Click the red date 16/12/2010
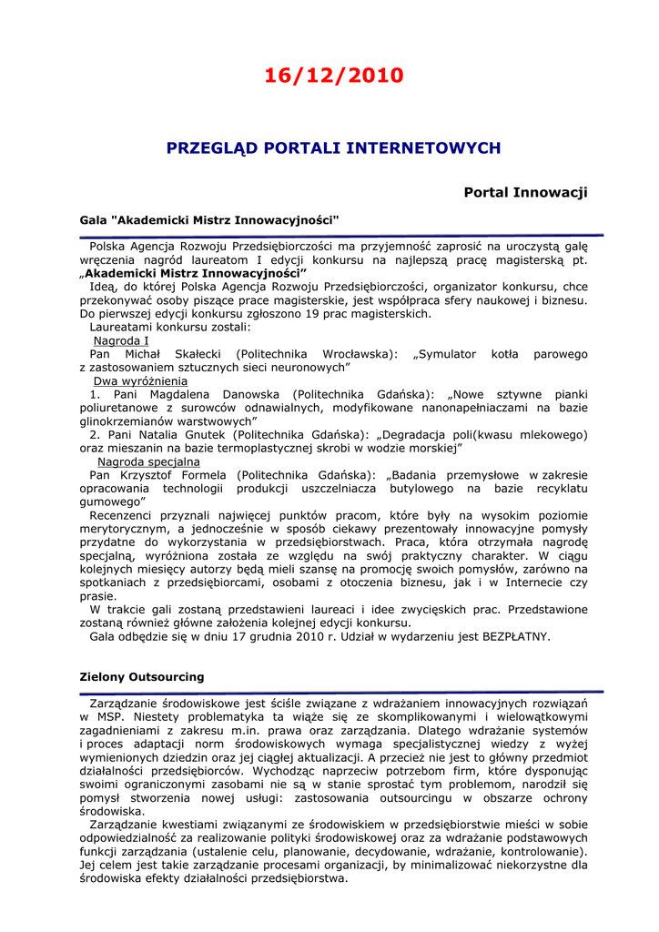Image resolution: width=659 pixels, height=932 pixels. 333,76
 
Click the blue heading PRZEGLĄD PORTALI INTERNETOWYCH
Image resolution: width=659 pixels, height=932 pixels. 333,147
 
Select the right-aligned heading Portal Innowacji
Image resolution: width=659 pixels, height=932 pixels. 525,192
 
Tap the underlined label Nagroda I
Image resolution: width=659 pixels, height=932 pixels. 122,340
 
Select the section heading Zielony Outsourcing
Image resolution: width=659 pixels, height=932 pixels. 142,677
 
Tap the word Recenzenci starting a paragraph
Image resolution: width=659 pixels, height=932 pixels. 127,515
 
